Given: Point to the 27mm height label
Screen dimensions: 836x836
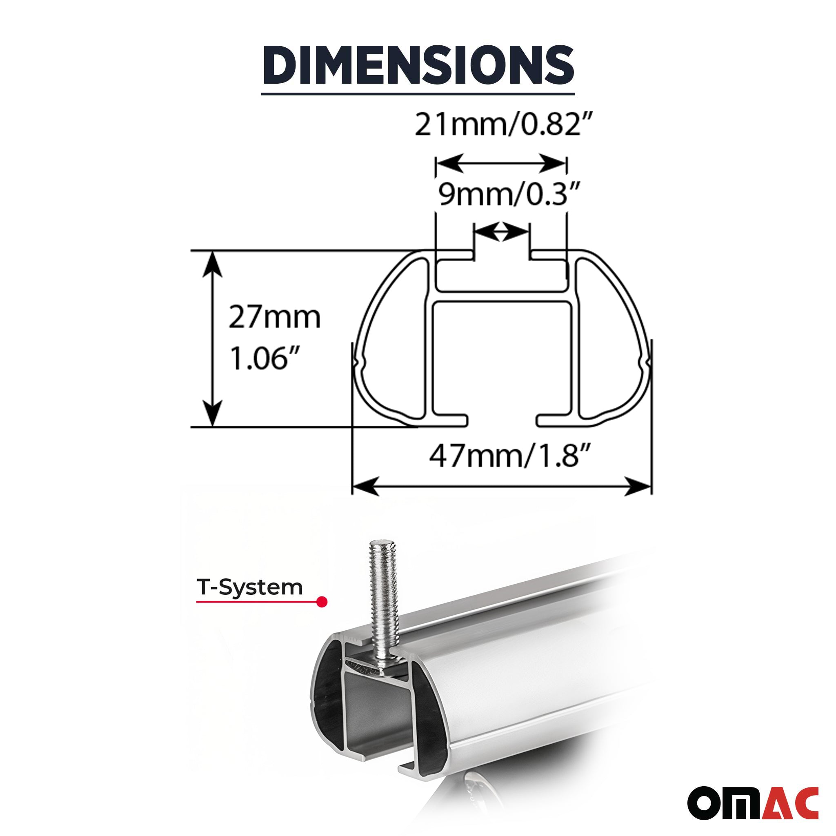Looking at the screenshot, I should [274, 318].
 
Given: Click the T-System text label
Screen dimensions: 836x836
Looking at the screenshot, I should [250, 587].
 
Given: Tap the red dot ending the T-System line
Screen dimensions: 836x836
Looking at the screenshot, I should [322, 602].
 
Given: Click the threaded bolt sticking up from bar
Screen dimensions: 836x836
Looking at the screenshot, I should [382, 597].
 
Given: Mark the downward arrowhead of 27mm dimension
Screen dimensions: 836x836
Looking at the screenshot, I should [212, 414].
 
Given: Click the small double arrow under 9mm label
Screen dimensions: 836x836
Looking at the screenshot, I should [501, 232].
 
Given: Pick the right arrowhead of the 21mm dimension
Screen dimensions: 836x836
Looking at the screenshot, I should [554, 163].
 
